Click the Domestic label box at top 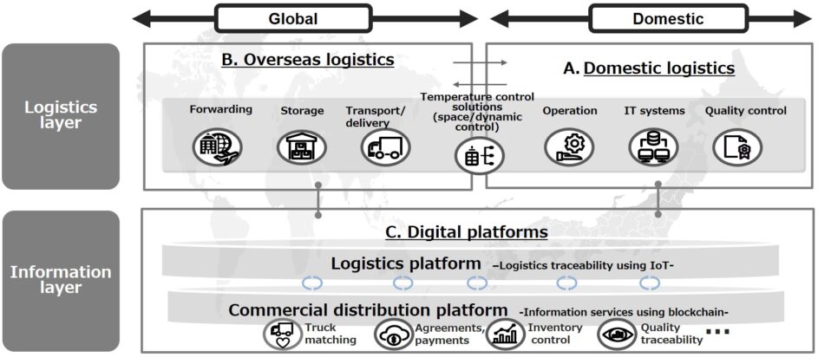667,18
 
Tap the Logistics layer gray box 60,115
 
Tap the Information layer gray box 60,280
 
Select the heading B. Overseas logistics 308,60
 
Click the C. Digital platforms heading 466,232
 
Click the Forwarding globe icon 220,146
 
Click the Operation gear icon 569,146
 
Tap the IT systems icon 654,146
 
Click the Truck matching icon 282,335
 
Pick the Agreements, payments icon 394,335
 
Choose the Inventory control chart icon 505,335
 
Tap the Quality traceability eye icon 618,335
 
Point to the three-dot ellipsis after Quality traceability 718,333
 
